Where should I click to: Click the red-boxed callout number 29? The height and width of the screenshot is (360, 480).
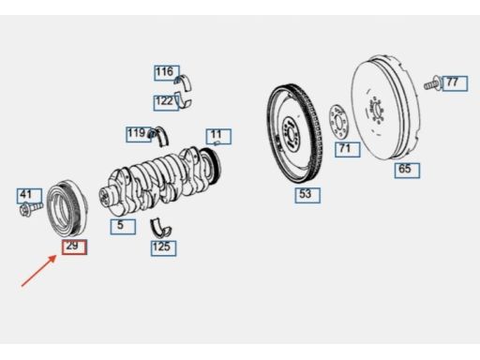74,247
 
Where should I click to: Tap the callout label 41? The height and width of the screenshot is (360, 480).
29,196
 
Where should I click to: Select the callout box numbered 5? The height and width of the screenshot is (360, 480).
123,227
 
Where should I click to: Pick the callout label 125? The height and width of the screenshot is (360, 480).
163,248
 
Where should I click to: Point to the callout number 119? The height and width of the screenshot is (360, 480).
139,134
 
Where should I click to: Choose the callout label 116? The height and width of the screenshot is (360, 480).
167,73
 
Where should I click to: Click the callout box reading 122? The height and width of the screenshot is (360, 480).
166,103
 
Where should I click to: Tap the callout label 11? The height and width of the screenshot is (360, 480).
218,137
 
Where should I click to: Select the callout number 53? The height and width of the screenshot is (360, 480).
307,195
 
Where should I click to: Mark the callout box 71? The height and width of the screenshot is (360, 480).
348,149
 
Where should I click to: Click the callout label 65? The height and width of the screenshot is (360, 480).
407,171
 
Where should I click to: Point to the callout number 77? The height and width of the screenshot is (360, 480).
455,83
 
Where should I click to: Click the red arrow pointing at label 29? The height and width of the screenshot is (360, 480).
38,271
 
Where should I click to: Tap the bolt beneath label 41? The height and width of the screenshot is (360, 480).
30,209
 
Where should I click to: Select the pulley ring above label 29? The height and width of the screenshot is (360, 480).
67,207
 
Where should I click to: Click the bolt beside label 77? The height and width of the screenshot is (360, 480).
433,83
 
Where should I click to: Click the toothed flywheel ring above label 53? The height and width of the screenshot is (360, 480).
294,134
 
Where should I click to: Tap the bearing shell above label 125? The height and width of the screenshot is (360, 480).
160,228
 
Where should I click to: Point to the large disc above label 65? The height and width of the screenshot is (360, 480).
385,108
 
